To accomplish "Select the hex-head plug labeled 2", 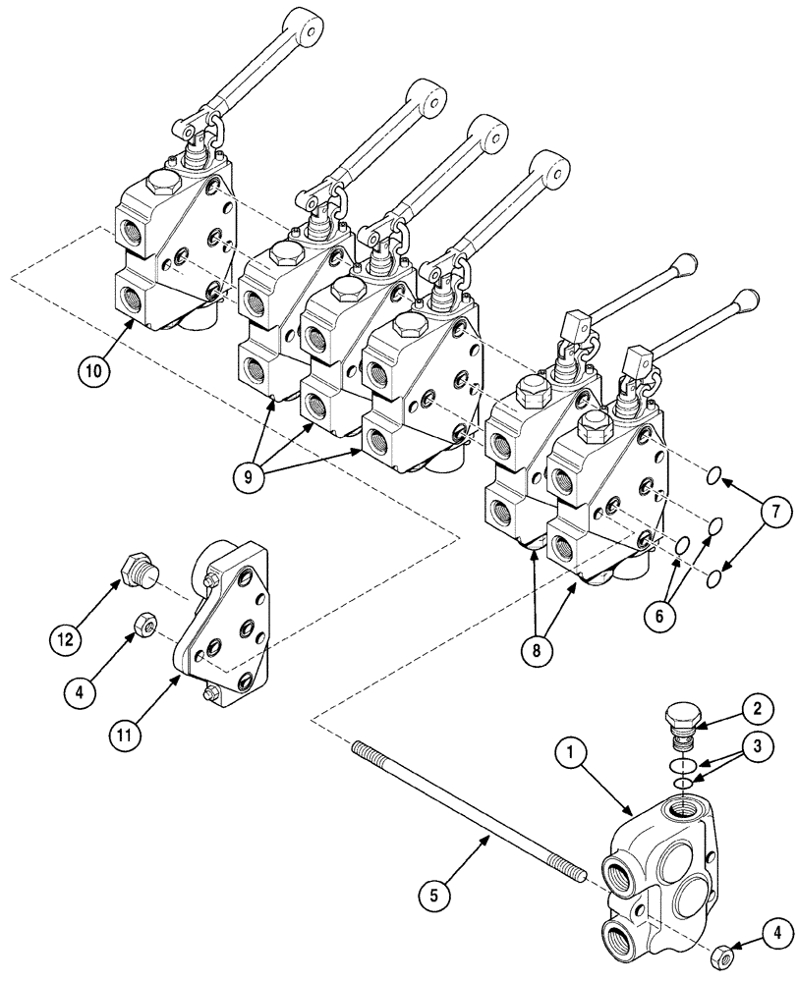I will pyautogui.click(x=680, y=718).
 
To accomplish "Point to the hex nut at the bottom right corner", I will pyautogui.click(x=720, y=957).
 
